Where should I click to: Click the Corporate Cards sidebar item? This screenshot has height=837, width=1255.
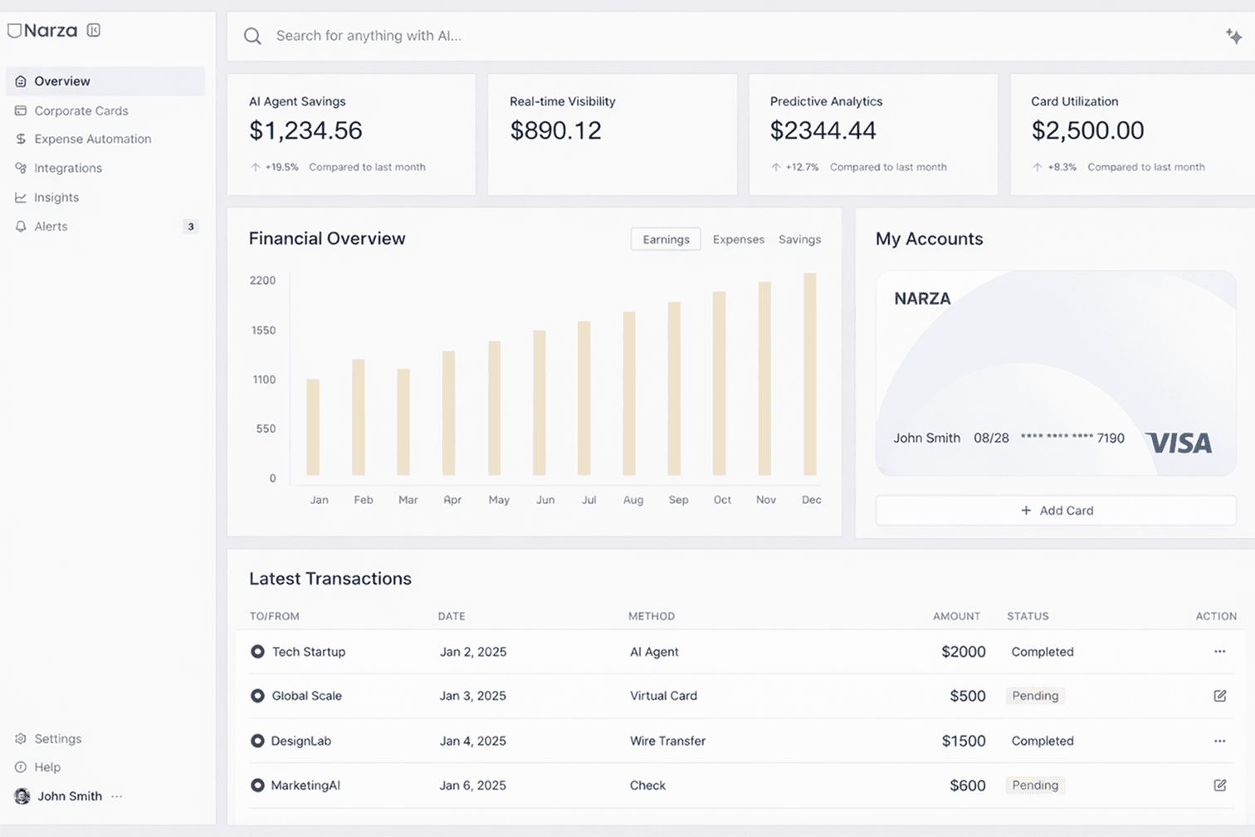(81, 110)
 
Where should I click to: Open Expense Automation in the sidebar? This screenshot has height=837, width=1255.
(92, 139)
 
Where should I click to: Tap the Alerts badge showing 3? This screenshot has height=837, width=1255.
(191, 227)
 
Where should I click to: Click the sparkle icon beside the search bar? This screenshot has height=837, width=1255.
(1233, 36)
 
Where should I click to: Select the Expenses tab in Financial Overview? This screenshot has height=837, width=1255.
(738, 239)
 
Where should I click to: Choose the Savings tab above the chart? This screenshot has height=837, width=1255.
(799, 239)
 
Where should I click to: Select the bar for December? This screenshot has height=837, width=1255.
(810, 374)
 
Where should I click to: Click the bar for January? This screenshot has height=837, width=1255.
(313, 427)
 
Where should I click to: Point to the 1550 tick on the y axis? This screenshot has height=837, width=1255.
(263, 330)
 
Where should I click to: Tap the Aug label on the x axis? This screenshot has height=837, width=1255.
(633, 500)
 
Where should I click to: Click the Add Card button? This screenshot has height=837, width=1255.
(1056, 511)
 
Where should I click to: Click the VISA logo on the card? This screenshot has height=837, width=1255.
(1179, 443)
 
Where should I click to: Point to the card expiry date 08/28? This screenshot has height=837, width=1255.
(991, 438)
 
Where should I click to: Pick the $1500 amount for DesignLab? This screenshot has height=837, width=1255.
(963, 741)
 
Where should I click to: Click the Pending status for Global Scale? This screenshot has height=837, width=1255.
(1035, 696)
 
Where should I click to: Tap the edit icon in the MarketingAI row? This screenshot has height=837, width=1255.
(1219, 785)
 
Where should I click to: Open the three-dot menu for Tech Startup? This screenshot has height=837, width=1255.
(1219, 652)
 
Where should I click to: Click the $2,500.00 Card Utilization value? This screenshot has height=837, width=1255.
(1087, 130)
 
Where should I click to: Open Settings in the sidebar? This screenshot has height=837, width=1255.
(57, 739)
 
